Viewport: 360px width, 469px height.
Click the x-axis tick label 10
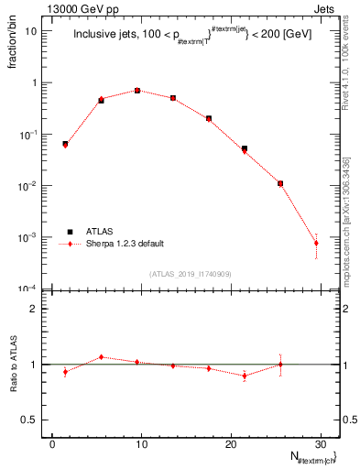point(140,444)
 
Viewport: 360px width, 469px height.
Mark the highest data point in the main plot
point(137,91)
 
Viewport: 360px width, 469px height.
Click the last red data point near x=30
point(316,243)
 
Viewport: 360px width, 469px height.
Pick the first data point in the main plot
point(65,144)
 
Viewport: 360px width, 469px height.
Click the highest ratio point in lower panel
point(102,356)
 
